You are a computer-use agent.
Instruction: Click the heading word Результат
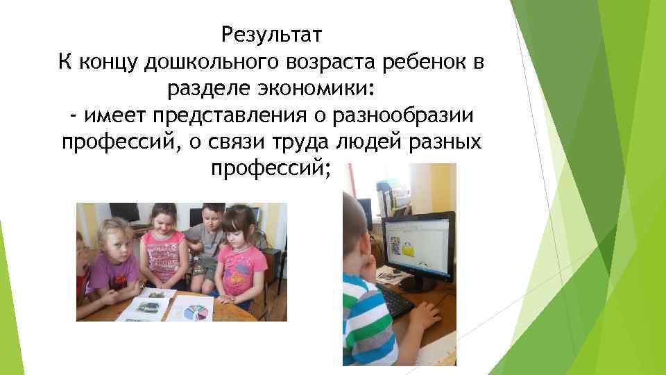click(272, 33)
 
